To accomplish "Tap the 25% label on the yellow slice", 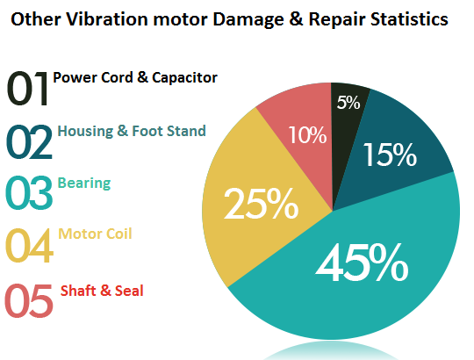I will coord(261,204).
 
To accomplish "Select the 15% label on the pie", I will coord(389,155).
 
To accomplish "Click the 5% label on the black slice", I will coord(348,103).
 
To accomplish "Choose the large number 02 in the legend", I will coord(29,144).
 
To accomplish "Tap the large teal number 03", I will coord(29,196).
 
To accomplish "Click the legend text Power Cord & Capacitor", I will coord(135,77).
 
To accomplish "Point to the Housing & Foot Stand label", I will coord(132,132).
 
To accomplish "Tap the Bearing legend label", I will coord(84,184).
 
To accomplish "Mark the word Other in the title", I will coord(36,18).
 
